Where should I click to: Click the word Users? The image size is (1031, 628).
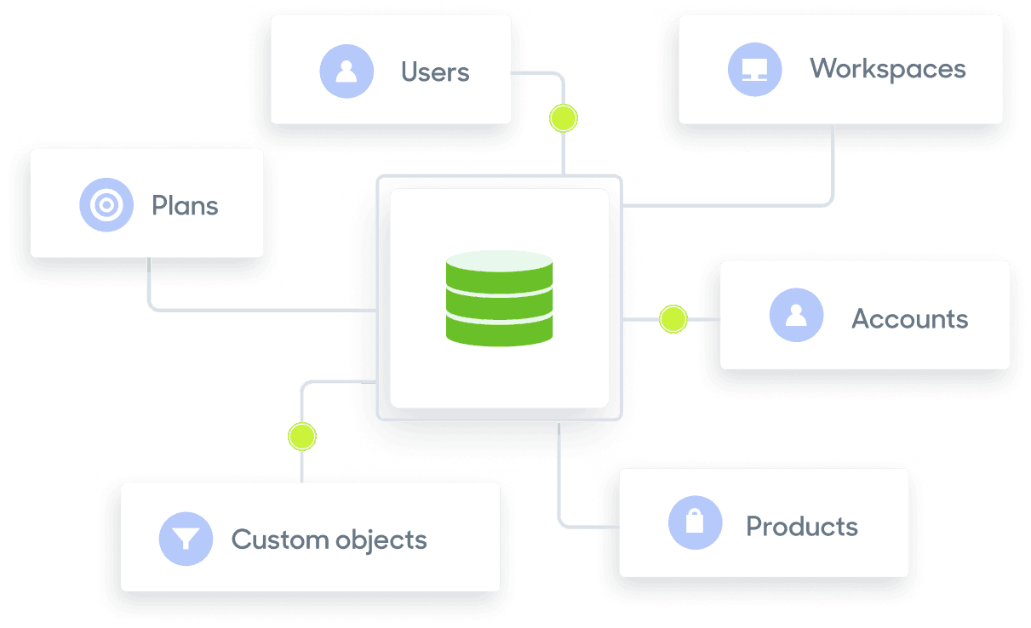(x=435, y=71)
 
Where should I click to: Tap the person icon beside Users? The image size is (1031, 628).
(x=347, y=71)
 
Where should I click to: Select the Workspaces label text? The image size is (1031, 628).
(x=887, y=68)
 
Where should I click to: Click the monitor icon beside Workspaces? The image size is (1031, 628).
(x=754, y=69)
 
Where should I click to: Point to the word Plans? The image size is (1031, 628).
(x=185, y=205)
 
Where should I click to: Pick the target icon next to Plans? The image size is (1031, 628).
(x=106, y=205)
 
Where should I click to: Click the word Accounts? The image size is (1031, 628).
(x=909, y=319)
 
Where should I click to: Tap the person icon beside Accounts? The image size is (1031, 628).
(x=796, y=315)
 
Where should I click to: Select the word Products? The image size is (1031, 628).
(x=801, y=526)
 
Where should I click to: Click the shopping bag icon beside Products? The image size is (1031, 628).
(x=695, y=522)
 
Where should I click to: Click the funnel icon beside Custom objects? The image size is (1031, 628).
(x=186, y=539)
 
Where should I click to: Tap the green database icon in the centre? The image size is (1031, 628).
(x=499, y=298)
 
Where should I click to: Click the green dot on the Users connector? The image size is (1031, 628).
(x=563, y=117)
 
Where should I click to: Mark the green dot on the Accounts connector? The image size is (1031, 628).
(x=673, y=319)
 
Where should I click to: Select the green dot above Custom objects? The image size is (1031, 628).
(x=301, y=437)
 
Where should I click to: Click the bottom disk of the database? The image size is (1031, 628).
(x=499, y=331)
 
